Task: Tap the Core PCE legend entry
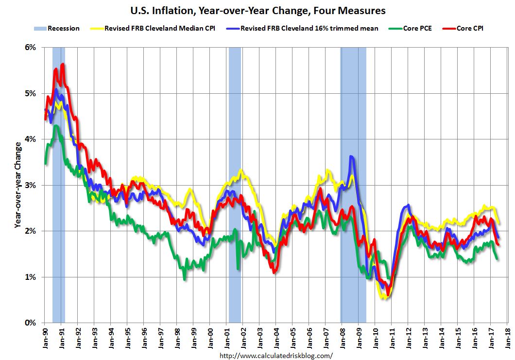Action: click(x=413, y=29)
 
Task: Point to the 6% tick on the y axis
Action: click(x=30, y=48)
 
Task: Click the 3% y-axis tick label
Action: click(x=30, y=185)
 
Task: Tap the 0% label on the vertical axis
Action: click(x=30, y=323)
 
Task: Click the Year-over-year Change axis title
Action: click(x=17, y=185)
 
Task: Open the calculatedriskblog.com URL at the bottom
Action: click(x=276, y=356)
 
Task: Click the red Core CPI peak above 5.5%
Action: click(x=63, y=64)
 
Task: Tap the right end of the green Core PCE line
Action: click(x=497, y=258)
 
